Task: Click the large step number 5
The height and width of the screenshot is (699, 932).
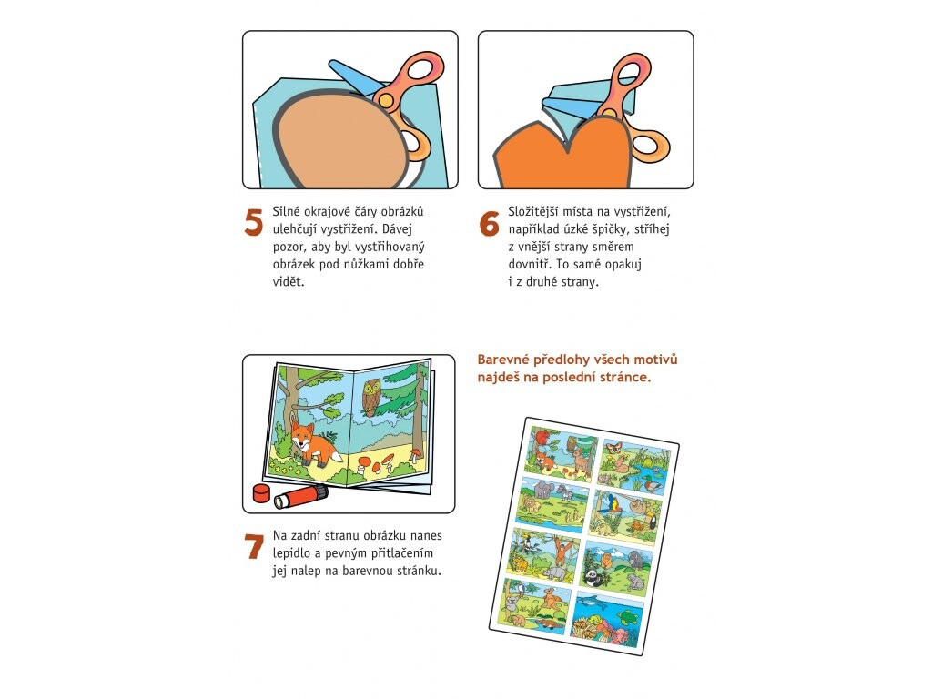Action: pos(254,222)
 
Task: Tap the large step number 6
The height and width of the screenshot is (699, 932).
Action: pos(489,224)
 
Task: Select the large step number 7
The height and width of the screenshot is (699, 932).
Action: pos(254,546)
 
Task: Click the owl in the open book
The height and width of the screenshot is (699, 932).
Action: pos(371,396)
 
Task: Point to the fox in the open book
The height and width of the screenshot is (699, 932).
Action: pos(311,444)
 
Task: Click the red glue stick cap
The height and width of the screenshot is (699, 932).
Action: pos(261,492)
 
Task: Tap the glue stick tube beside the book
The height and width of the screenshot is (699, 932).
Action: pos(300,497)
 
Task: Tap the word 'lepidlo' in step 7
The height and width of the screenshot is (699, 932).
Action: pos(292,553)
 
